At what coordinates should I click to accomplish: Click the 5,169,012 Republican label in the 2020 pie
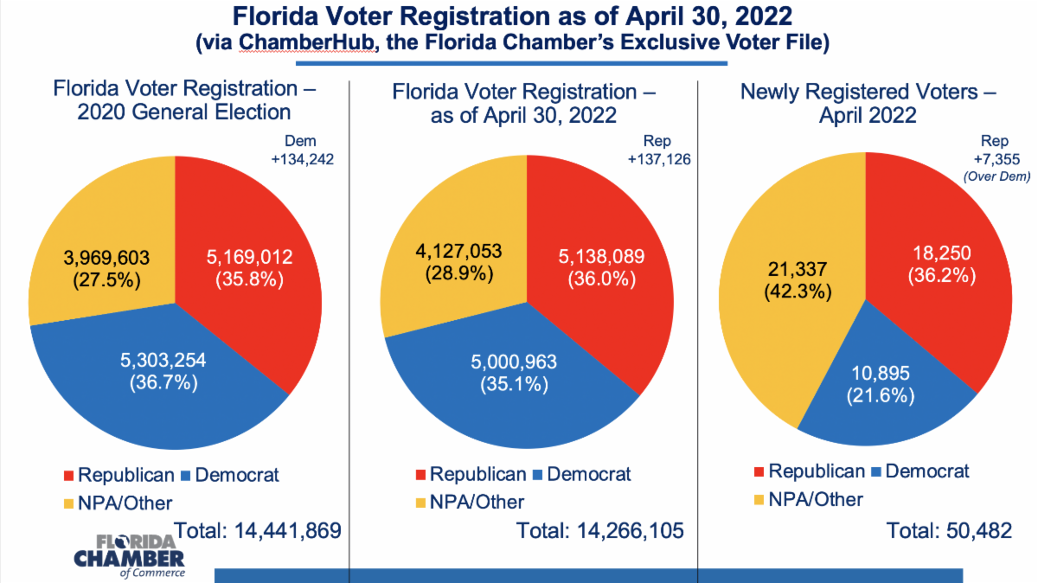coord(249,269)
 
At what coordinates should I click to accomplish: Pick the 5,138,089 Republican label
coord(598,269)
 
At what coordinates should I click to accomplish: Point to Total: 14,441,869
coord(259,530)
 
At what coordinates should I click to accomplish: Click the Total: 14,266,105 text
coord(600,530)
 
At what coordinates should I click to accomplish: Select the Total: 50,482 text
coord(950,530)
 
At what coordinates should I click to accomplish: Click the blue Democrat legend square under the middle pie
coord(537,476)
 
